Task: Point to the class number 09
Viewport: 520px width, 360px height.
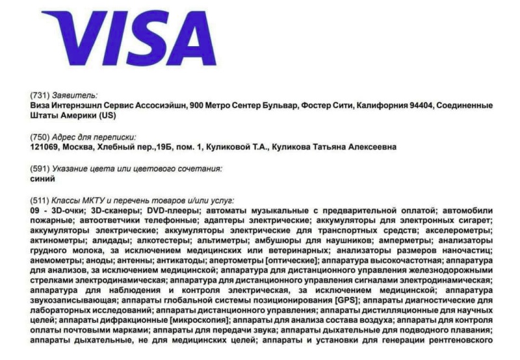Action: click(x=36, y=211)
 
